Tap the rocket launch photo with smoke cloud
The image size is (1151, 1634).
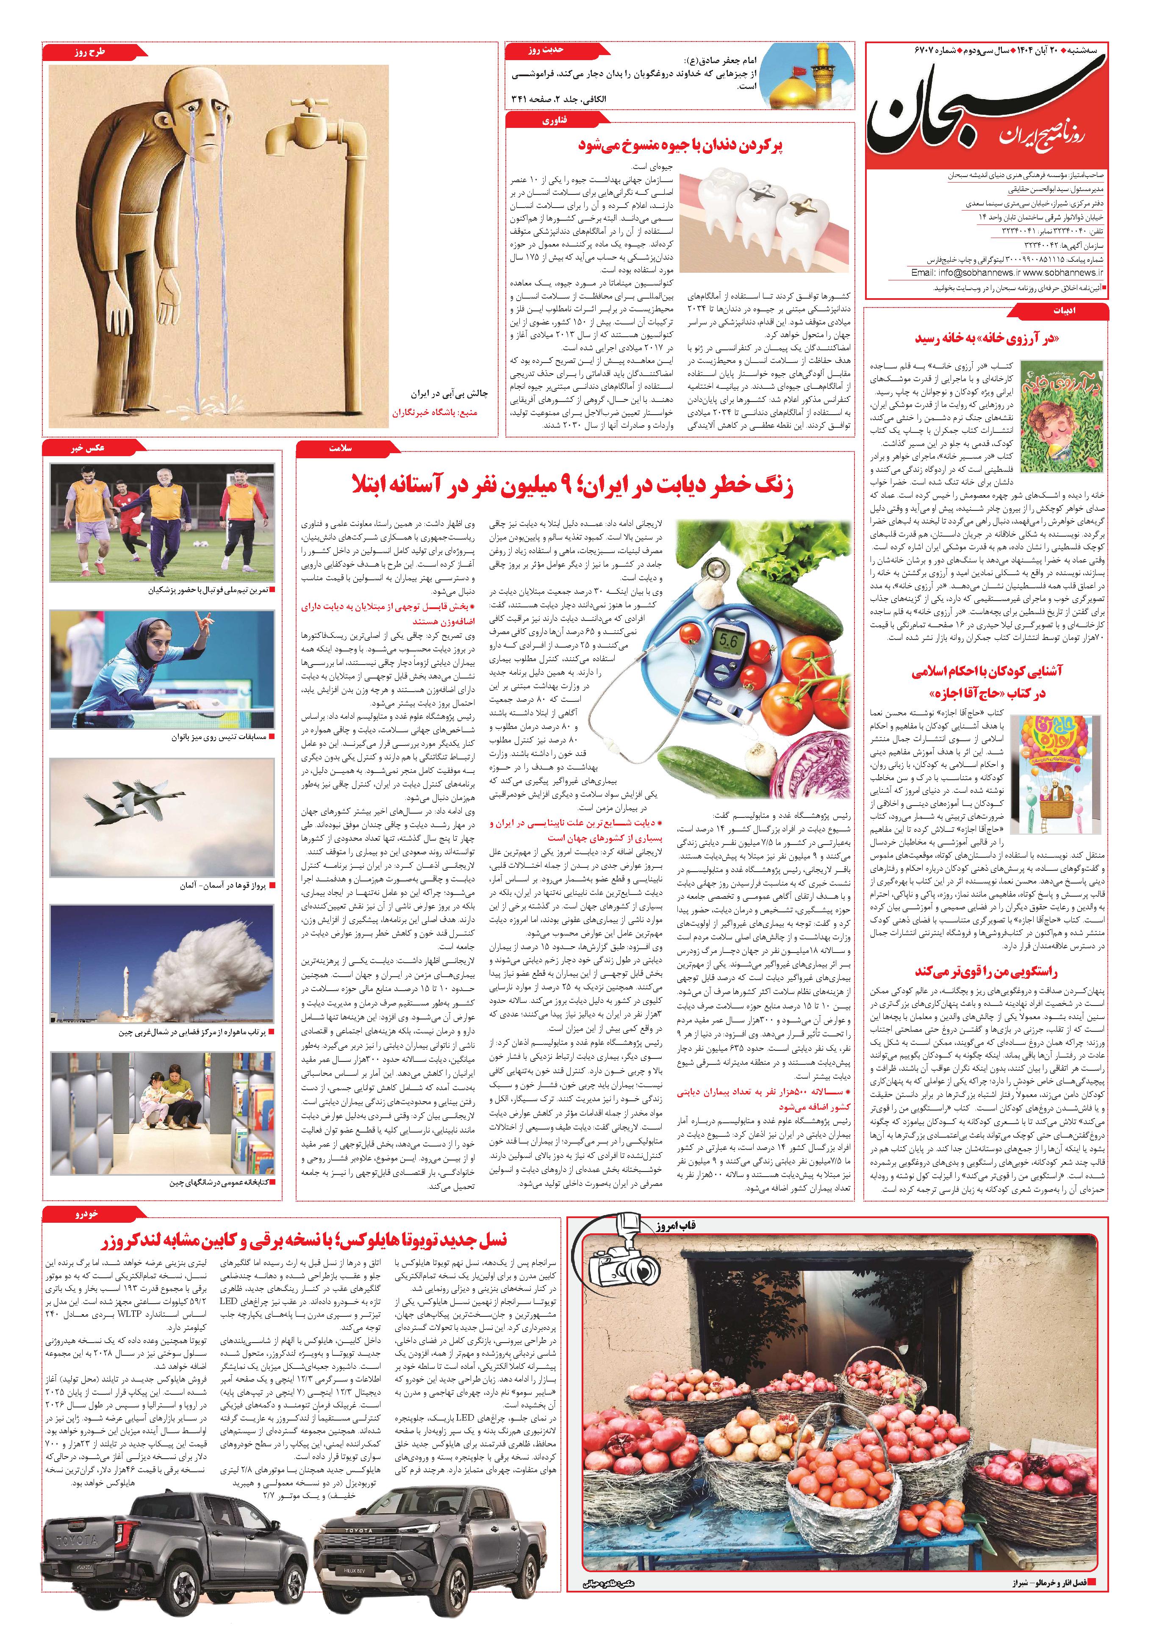click(161, 964)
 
